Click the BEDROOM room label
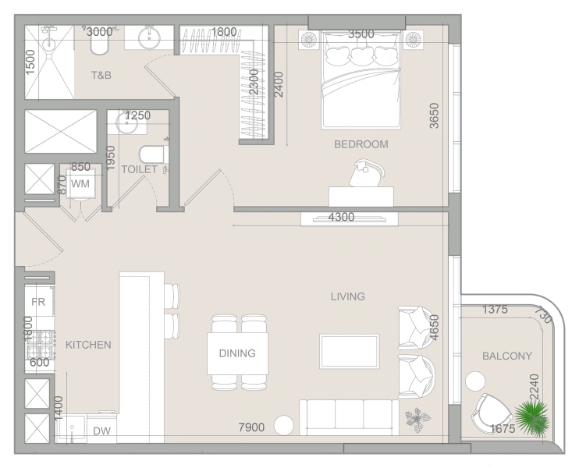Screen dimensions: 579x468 [361, 144]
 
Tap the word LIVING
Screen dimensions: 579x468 [348, 296]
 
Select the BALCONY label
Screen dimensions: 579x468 [507, 356]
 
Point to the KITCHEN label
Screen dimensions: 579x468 [88, 345]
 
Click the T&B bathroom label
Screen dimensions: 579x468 [101, 76]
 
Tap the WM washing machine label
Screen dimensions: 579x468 [80, 183]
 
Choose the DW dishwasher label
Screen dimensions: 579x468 [101, 431]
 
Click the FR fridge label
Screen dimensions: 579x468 [38, 302]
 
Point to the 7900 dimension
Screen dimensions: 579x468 [251, 427]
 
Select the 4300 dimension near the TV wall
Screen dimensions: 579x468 [341, 217]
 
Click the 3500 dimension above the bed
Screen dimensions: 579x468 [361, 34]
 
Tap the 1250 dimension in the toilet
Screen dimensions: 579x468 [137, 115]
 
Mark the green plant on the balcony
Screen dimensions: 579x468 [532, 417]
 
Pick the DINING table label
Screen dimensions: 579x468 [237, 353]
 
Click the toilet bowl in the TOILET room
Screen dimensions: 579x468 [151, 154]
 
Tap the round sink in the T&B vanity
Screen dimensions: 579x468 [149, 37]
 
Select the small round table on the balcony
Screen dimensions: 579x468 [475, 381]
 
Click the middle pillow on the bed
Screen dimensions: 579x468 [361, 55]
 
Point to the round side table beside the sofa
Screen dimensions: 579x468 [284, 426]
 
